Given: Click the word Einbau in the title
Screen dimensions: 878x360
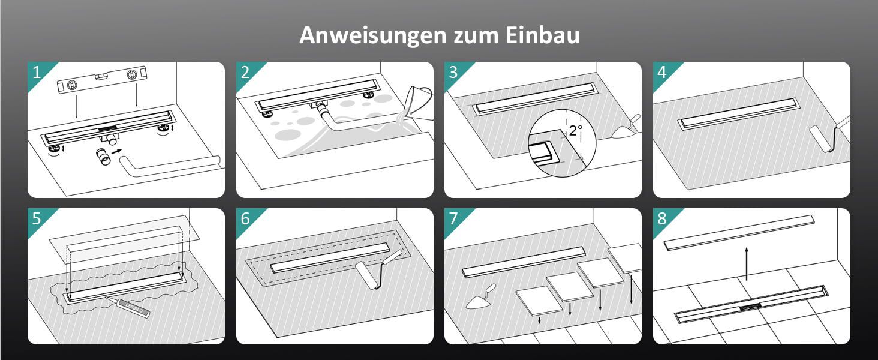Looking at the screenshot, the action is click(x=542, y=35).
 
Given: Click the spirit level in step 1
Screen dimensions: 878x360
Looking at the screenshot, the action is click(x=103, y=80).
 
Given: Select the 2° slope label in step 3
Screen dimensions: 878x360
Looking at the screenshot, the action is click(x=575, y=130).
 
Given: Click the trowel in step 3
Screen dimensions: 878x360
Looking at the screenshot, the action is click(x=626, y=127).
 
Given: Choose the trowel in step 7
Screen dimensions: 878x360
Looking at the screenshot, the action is click(x=480, y=297).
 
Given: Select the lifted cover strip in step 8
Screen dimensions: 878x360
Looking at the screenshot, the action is click(x=739, y=233).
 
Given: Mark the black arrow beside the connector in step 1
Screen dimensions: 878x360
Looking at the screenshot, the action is click(x=116, y=151).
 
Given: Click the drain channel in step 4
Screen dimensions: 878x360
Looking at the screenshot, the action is click(x=739, y=114).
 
